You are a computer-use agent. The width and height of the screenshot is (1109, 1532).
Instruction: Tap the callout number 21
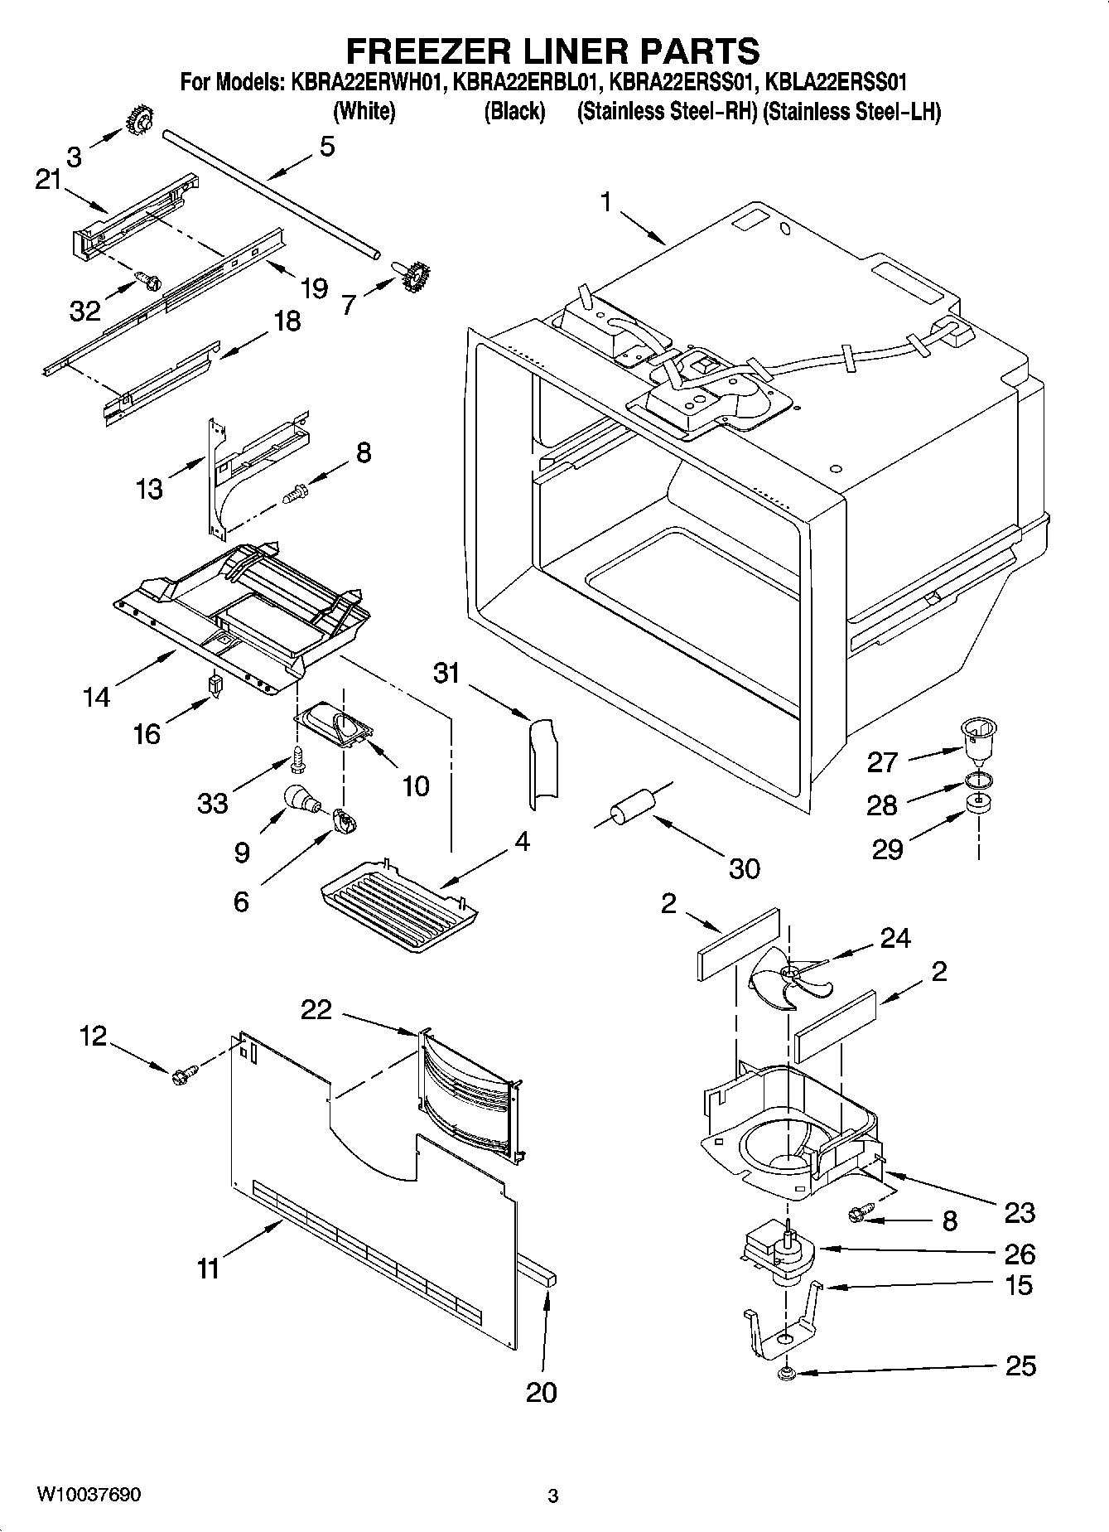[49, 179]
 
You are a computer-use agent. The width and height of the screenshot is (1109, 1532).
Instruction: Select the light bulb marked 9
[299, 798]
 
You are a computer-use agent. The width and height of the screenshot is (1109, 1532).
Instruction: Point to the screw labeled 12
[183, 1075]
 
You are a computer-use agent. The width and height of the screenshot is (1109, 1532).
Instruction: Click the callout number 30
[744, 868]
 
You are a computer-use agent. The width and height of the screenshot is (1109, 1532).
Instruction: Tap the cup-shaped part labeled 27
[978, 737]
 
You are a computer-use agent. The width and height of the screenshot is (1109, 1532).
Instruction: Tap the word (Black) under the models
[514, 111]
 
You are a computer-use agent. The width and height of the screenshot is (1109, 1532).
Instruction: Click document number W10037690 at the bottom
[89, 1495]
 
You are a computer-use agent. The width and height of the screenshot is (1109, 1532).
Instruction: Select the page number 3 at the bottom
[553, 1496]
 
